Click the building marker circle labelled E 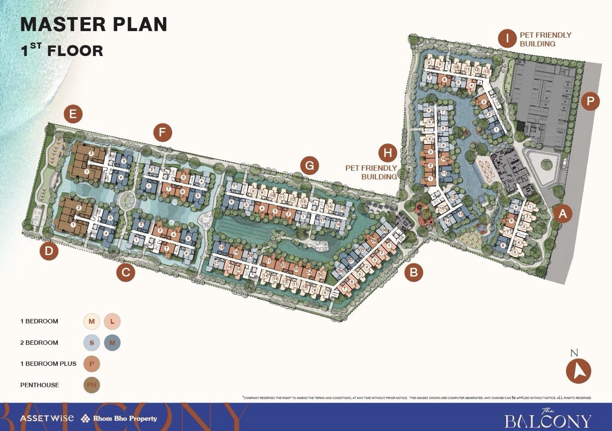click(x=73, y=114)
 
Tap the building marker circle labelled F click(x=163, y=132)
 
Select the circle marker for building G click(x=310, y=166)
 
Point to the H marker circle click(x=388, y=153)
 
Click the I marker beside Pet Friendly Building click(x=507, y=38)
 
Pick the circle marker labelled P click(x=590, y=101)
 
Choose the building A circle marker click(x=563, y=214)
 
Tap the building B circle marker click(x=414, y=272)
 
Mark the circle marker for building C click(x=126, y=273)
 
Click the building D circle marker click(x=49, y=251)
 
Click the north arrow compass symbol click(x=579, y=371)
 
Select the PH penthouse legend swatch click(x=91, y=385)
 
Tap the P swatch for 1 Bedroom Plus click(x=91, y=364)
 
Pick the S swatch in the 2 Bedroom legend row click(x=91, y=343)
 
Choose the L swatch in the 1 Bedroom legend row click(x=112, y=321)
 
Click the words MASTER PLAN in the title click(x=94, y=24)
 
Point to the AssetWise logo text click(x=47, y=418)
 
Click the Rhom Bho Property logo click(x=119, y=419)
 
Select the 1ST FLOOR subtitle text click(x=62, y=50)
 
